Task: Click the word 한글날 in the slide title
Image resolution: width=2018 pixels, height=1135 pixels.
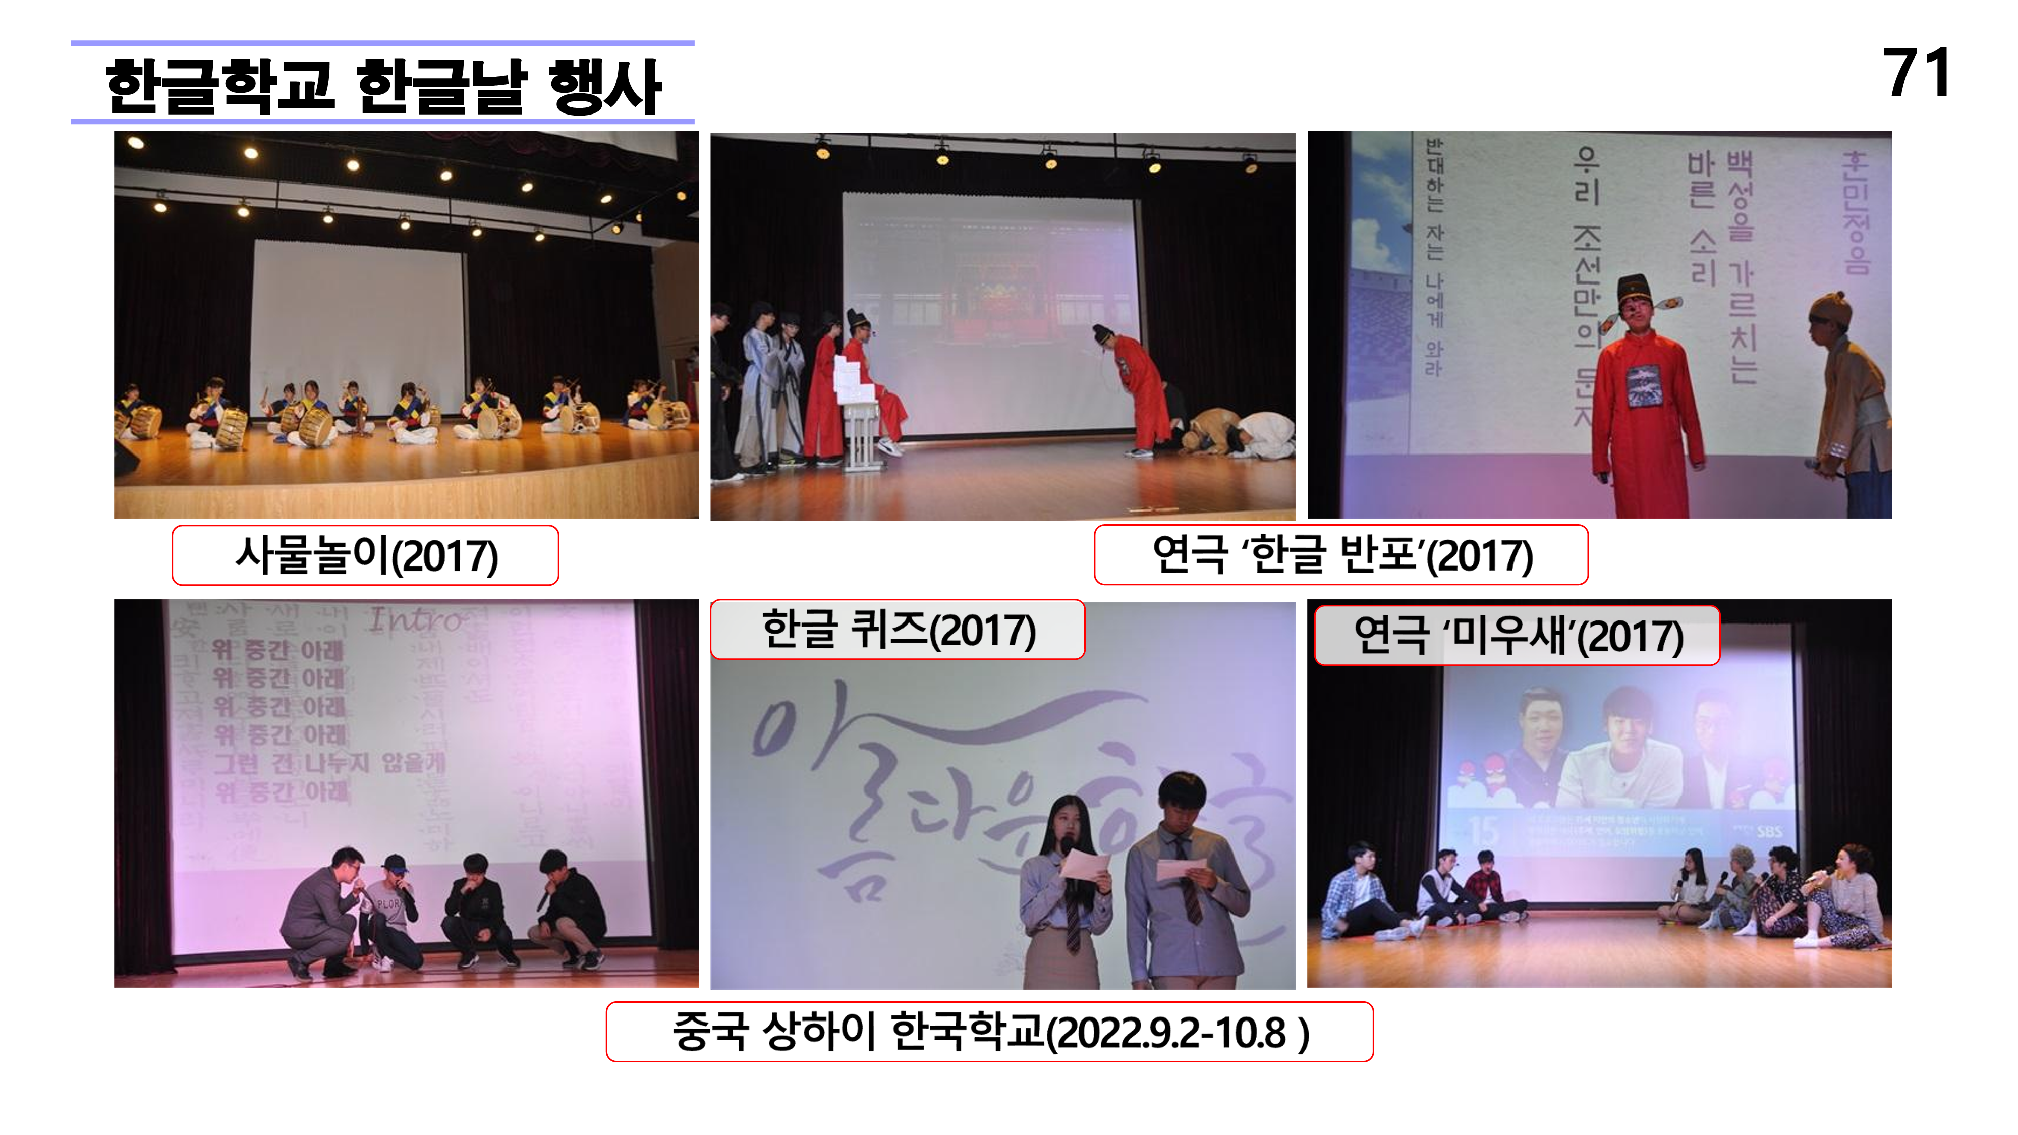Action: (x=441, y=86)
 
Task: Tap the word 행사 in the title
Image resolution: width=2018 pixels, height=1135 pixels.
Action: (x=605, y=86)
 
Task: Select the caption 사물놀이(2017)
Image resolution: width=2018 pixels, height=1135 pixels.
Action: (x=365, y=555)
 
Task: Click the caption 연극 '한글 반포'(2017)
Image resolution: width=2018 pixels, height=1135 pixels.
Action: (x=1340, y=555)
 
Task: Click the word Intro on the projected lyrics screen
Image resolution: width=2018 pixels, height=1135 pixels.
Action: (x=415, y=620)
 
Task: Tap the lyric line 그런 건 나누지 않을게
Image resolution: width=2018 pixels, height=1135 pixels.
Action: (x=329, y=763)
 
